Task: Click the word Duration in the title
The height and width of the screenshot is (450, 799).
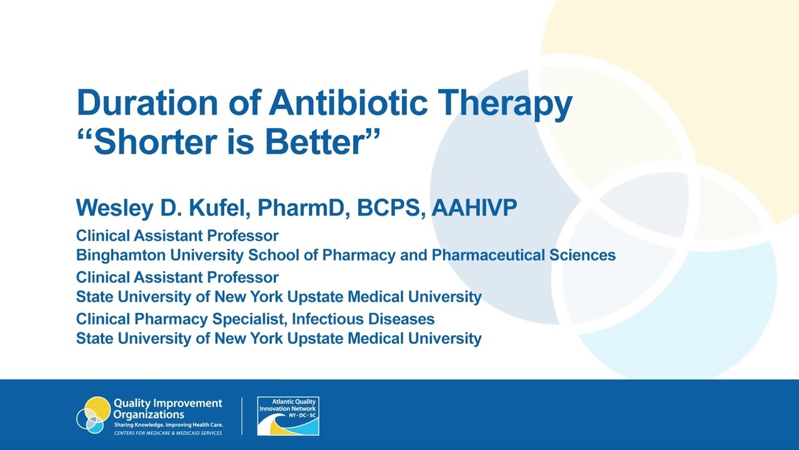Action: [146, 104]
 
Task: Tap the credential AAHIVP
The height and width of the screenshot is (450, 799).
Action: [474, 207]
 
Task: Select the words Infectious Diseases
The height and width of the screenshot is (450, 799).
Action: [363, 319]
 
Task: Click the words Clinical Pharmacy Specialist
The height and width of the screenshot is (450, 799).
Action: [180, 319]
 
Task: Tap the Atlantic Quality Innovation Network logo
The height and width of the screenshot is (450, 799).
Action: [288, 416]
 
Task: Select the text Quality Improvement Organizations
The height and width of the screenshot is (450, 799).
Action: [167, 409]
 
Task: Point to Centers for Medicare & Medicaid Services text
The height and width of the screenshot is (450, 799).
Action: [167, 432]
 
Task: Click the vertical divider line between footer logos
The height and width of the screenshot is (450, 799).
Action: [242, 416]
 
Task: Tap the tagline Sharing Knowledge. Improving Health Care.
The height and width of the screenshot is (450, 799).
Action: [168, 424]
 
